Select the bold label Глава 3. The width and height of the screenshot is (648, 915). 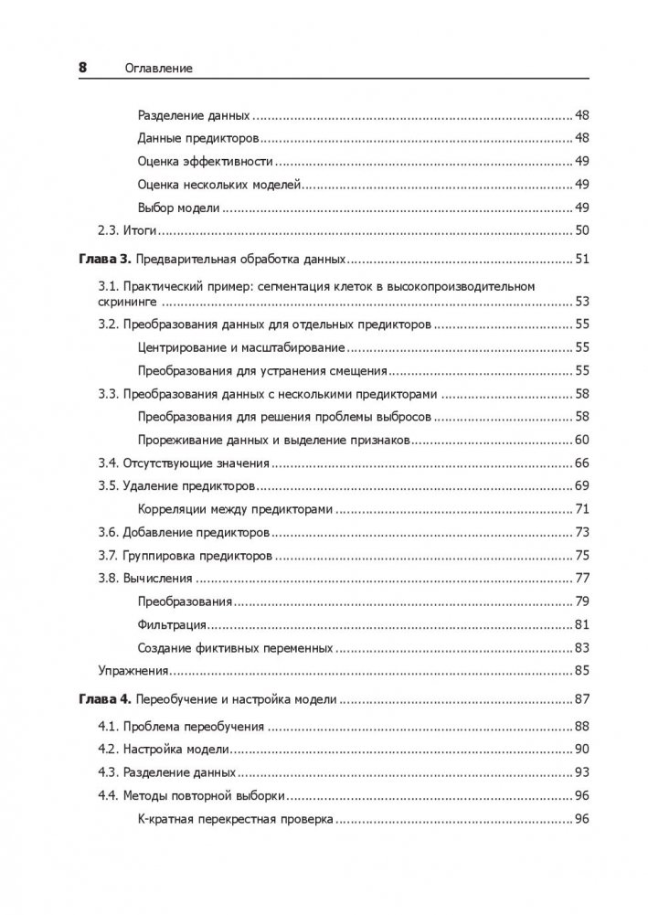click(x=101, y=259)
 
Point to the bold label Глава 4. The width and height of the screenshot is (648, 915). click(x=101, y=700)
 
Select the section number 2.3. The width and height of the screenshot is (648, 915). click(x=109, y=229)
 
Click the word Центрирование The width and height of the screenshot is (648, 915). click(x=182, y=348)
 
